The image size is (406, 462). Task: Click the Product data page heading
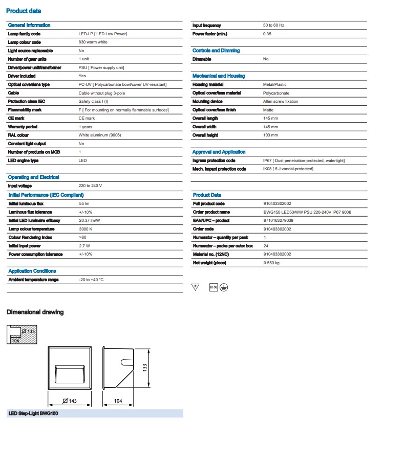(24, 11)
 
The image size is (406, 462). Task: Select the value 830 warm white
(93, 42)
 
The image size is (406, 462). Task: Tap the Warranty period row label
(23, 127)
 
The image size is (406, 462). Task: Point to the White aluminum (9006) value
(100, 135)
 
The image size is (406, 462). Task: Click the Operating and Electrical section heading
(34, 177)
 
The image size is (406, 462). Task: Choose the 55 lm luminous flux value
(84, 203)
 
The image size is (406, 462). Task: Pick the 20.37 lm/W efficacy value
(89, 220)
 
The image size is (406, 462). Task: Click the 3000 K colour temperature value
(86, 229)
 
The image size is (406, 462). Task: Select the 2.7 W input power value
(84, 246)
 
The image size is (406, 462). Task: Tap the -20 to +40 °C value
(91, 280)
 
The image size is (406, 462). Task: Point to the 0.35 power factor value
(267, 34)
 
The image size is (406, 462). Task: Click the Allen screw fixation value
(281, 101)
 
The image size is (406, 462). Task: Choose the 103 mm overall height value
(270, 135)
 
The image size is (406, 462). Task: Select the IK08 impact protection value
(288, 169)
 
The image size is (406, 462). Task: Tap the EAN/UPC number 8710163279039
(278, 220)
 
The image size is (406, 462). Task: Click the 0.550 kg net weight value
(271, 263)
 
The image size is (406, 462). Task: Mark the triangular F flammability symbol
(195, 287)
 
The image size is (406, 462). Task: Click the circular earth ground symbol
(224, 287)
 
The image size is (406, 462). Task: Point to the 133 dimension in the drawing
(144, 367)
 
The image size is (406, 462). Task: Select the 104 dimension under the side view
(118, 401)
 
